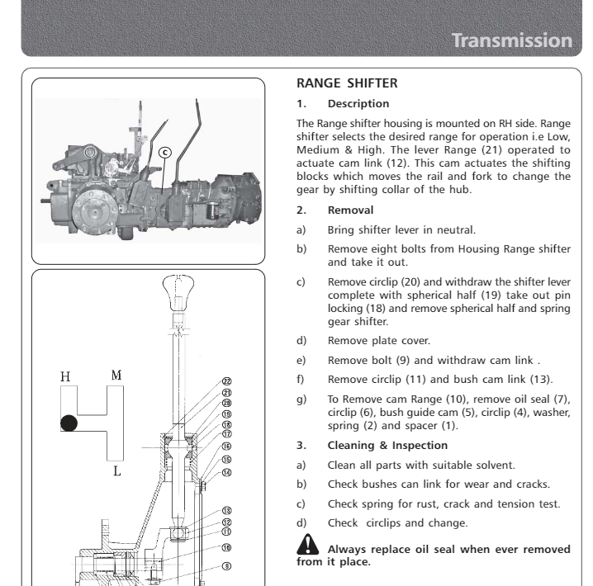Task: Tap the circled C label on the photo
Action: pos(164,152)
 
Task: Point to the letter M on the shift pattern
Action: pos(116,375)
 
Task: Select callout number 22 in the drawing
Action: pos(226,382)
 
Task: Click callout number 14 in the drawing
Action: pos(226,471)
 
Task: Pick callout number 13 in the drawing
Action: pos(226,511)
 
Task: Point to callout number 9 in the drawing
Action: pos(226,566)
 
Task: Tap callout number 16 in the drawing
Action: pos(226,446)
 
